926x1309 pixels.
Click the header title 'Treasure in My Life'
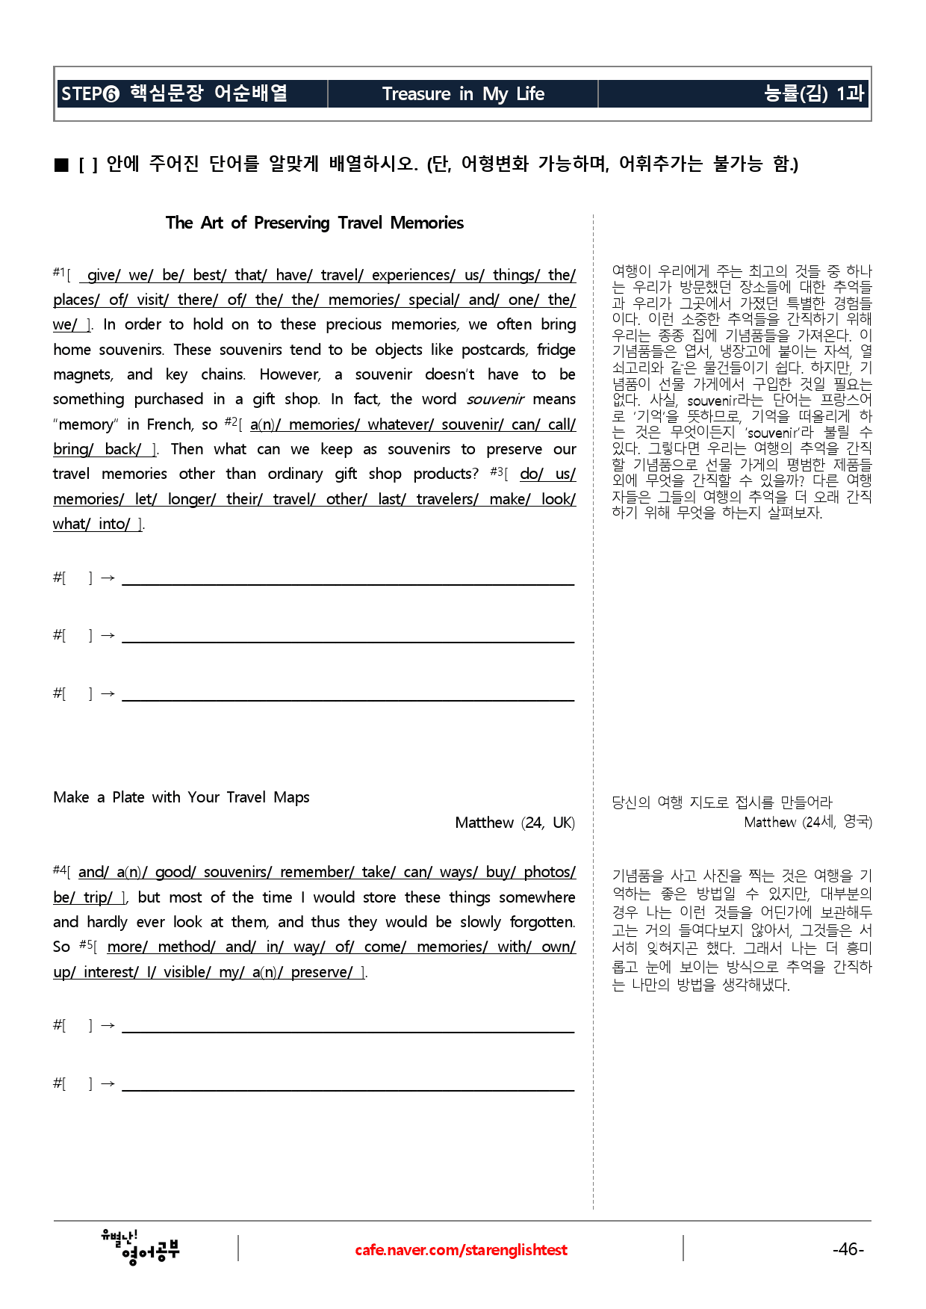point(463,94)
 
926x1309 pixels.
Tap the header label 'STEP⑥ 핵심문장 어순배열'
point(174,93)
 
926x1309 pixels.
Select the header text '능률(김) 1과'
point(813,93)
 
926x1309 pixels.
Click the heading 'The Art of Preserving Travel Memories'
point(314,223)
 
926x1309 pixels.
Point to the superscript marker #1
point(59,273)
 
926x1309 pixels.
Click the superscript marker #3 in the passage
point(497,471)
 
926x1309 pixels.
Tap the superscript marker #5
point(86,945)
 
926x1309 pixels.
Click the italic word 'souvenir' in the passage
point(495,400)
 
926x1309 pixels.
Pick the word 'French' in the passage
point(170,424)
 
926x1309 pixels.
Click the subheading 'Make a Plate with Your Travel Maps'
point(181,797)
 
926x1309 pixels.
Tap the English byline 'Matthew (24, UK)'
point(515,823)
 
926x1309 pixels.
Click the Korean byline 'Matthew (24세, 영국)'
point(808,822)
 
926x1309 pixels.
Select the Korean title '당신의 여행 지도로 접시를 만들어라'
point(722,802)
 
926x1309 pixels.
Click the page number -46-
point(848,1248)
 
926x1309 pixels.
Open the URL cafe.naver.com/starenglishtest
point(461,1250)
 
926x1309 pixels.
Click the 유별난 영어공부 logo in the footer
point(140,1248)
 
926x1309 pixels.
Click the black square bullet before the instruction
point(61,165)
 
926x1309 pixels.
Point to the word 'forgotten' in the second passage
point(542,922)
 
